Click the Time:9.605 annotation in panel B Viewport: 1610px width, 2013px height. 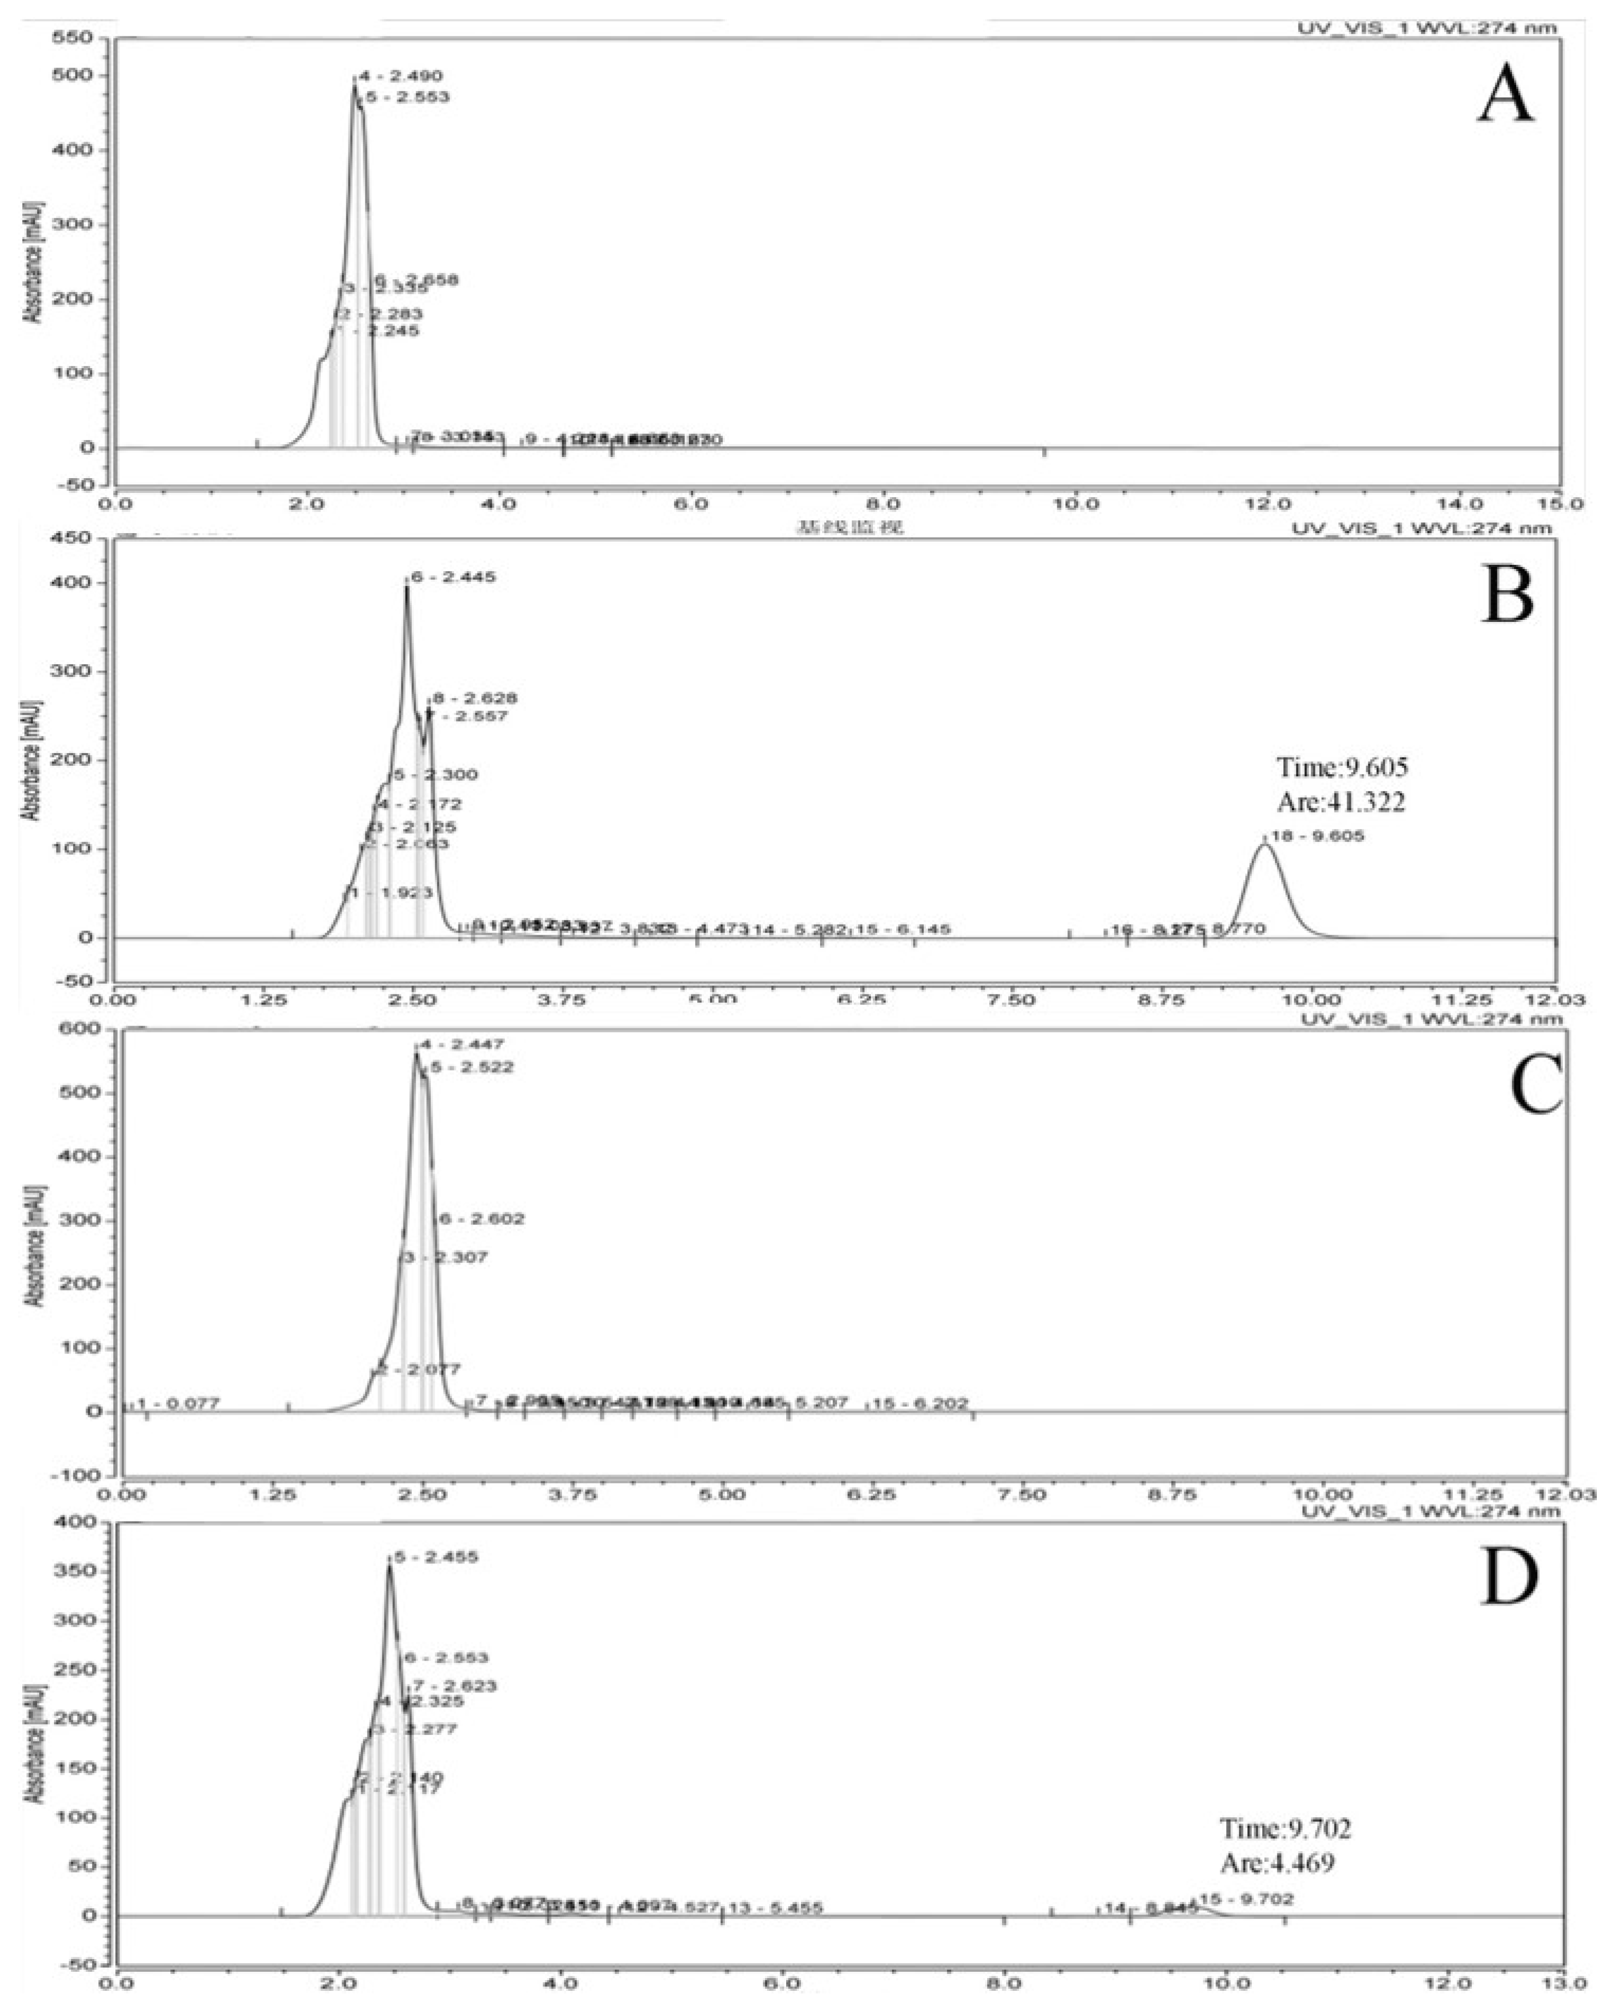point(1342,767)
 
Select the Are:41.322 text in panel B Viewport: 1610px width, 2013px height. point(1341,802)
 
